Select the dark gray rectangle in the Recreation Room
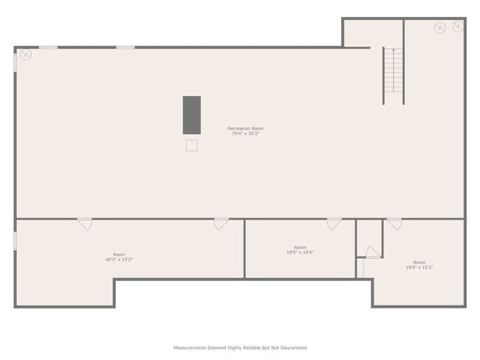pyautogui.click(x=191, y=114)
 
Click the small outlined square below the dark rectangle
pyautogui.click(x=191, y=145)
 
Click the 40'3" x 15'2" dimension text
pyautogui.click(x=119, y=260)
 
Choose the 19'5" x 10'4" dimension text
pyautogui.click(x=300, y=252)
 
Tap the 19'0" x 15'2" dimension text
pyautogui.click(x=419, y=267)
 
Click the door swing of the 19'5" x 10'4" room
pyautogui.click(x=335, y=223)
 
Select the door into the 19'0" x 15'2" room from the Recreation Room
pyautogui.click(x=394, y=223)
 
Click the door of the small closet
pyautogui.click(x=372, y=251)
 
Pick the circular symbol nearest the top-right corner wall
pyautogui.click(x=458, y=27)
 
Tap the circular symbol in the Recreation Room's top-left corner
pyautogui.click(x=25, y=55)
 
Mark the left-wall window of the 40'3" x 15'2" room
pyautogui.click(x=16, y=240)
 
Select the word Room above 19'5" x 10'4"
pyautogui.click(x=300, y=247)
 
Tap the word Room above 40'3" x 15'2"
pyautogui.click(x=119, y=255)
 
